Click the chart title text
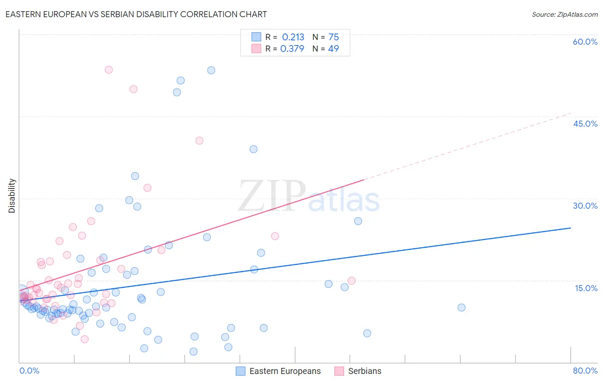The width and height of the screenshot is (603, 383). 136,14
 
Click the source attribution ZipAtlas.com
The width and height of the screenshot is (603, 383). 564,14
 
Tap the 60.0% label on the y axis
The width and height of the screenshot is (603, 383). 585,42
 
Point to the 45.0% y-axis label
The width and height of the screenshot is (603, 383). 585,124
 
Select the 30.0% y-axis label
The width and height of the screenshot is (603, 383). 585,206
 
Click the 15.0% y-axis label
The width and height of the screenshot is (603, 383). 586,288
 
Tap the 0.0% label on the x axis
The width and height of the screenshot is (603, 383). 29,371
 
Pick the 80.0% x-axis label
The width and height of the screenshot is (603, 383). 585,371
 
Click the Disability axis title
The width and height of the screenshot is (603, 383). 12,196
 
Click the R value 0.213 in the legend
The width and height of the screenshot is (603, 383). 293,37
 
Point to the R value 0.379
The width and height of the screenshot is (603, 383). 292,49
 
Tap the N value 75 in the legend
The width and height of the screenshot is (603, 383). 334,37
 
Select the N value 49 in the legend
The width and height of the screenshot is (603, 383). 333,49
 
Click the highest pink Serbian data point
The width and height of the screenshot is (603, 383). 109,70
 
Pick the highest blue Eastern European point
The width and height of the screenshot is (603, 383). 211,70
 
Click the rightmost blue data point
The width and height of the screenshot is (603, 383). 461,307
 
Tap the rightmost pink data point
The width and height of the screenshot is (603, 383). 352,281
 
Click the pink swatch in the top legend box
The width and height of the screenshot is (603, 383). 256,49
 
